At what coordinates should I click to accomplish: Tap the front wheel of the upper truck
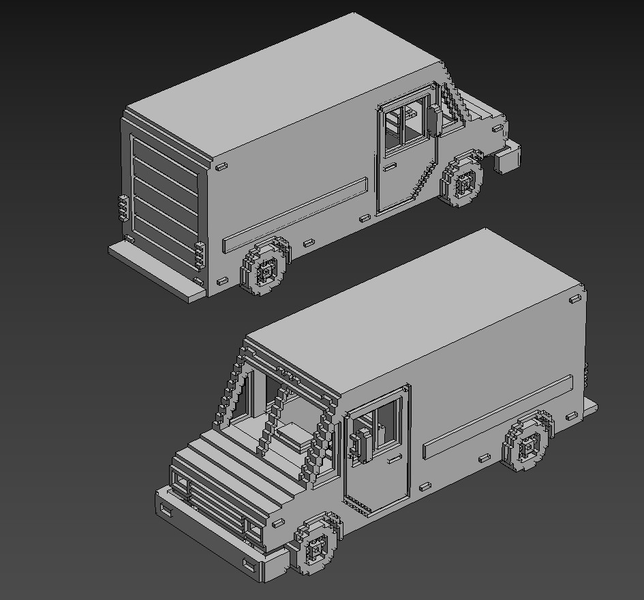point(463,181)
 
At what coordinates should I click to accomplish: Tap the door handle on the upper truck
point(390,166)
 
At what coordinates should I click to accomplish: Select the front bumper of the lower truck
point(211,539)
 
